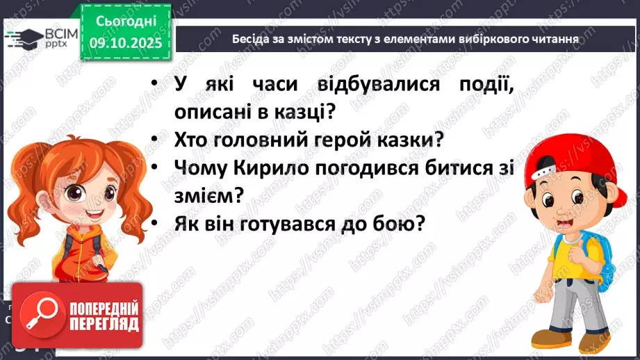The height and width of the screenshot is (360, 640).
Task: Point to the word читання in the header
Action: pyautogui.click(x=555, y=39)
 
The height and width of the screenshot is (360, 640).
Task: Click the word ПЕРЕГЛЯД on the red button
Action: pyautogui.click(x=104, y=324)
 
